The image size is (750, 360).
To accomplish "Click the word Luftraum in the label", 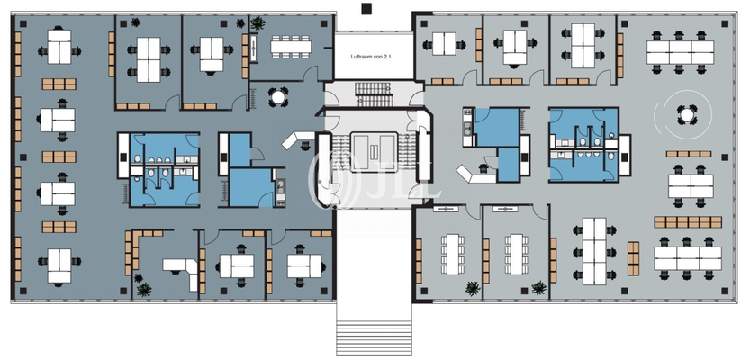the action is click(x=361, y=56).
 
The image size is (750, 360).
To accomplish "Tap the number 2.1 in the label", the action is click(x=387, y=56).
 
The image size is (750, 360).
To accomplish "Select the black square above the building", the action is click(x=366, y=8).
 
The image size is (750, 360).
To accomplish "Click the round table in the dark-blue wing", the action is click(x=277, y=97).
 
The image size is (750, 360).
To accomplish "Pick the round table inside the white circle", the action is click(x=686, y=114).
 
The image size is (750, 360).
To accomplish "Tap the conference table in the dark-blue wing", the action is click(x=291, y=47).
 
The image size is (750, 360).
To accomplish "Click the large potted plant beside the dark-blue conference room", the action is click(x=258, y=22).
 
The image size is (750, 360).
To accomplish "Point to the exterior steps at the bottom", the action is click(x=374, y=337).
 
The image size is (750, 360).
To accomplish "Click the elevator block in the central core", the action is click(x=374, y=152).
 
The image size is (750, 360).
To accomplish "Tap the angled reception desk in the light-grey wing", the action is click(x=475, y=174).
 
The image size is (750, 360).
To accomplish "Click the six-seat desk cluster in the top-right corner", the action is click(x=680, y=52).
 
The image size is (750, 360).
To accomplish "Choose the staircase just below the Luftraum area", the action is click(x=374, y=94).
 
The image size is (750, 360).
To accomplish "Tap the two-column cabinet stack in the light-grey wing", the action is click(x=633, y=258).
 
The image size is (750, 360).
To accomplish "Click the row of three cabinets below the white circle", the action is click(x=689, y=154).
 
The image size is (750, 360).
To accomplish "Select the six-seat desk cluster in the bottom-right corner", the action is click(x=688, y=258).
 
